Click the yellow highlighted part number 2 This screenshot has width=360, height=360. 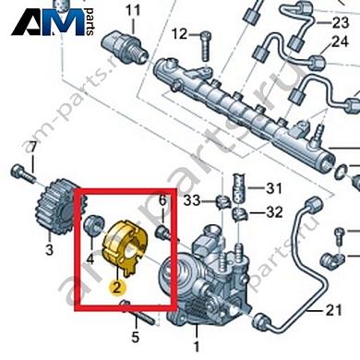(115, 261)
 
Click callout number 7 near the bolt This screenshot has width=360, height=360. (31, 148)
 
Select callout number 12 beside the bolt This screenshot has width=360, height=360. (179, 35)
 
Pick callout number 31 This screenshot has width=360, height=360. (273, 189)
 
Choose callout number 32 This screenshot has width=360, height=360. (273, 211)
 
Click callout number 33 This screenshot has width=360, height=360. (192, 199)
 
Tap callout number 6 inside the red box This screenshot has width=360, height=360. (162, 200)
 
